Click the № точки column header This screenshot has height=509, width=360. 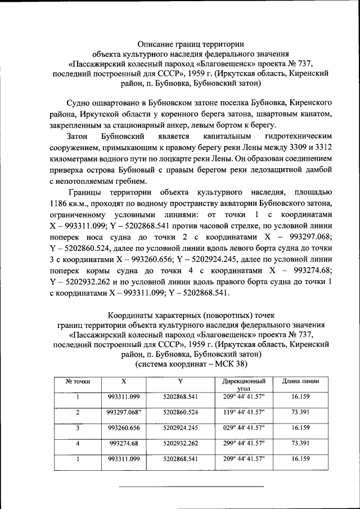tap(78, 381)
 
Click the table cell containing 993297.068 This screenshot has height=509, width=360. tap(124, 412)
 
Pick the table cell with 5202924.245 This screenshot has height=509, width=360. tap(180, 427)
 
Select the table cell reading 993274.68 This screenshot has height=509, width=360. tap(124, 443)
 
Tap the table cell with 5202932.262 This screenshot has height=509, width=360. tap(180, 443)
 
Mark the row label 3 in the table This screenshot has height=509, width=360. tap(78, 427)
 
